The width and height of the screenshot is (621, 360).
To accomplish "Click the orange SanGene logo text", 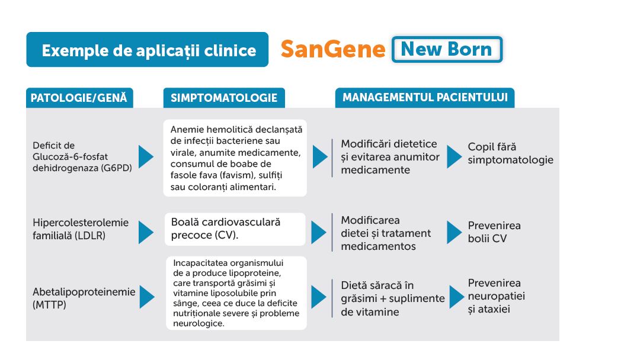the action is click(332, 50).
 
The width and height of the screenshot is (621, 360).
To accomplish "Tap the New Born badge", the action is click(447, 50).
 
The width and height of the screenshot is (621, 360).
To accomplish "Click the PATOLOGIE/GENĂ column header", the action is click(79, 98).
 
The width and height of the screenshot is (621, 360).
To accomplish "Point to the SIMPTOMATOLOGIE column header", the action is click(224, 98).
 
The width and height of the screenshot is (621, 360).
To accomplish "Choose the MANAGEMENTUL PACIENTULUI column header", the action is click(425, 97).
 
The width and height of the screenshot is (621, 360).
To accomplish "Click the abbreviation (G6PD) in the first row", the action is click(116, 168).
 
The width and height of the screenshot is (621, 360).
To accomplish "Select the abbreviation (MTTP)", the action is click(50, 305).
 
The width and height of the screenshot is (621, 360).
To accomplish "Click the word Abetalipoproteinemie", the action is click(84, 292).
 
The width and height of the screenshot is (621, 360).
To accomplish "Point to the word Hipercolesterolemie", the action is click(81, 223).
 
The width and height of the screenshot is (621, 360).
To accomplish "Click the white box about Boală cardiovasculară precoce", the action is click(235, 229).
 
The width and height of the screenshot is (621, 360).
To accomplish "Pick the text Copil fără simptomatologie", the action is click(511, 153).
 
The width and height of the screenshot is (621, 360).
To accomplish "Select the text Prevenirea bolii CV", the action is click(494, 232).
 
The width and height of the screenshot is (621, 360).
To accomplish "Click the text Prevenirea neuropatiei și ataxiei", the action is click(496, 296).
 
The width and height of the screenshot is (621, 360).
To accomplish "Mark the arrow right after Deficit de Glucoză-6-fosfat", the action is click(146, 157).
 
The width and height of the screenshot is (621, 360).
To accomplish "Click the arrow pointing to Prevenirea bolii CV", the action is click(454, 232).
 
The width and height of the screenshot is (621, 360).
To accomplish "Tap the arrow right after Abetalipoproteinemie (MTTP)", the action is click(147, 297).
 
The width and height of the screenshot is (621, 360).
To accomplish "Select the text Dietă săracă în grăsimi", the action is click(393, 292).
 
